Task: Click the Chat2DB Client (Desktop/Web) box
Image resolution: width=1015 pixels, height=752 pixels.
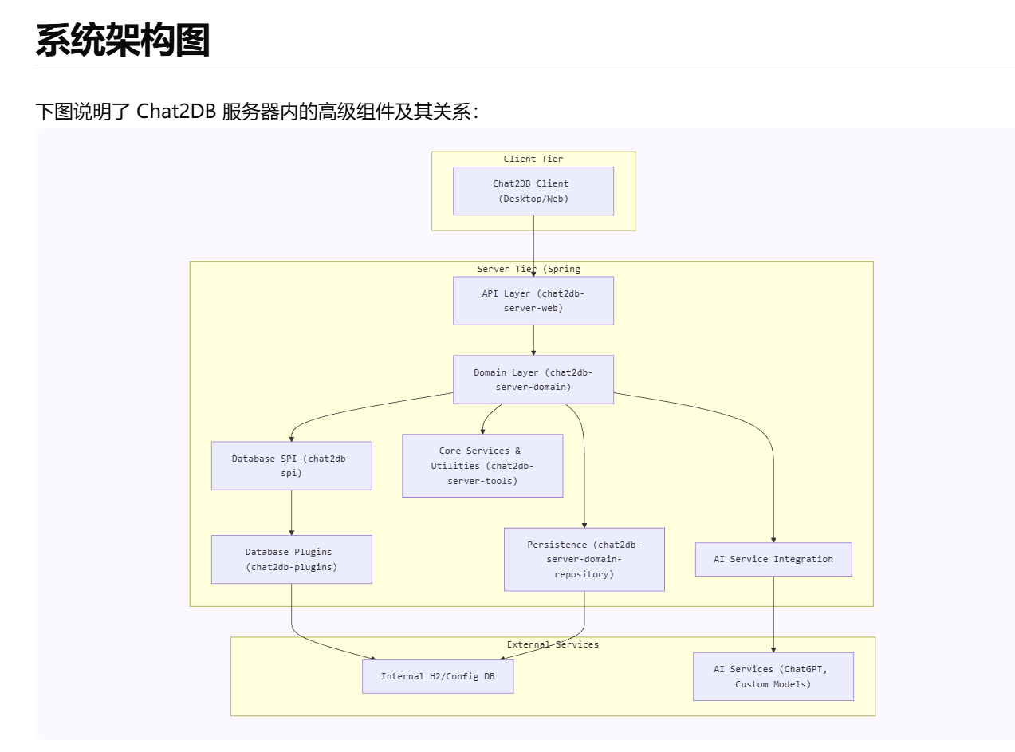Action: (533, 191)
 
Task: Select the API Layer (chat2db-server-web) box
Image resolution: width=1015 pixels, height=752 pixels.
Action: (533, 301)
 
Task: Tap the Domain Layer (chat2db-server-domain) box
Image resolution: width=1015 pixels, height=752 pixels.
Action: (533, 380)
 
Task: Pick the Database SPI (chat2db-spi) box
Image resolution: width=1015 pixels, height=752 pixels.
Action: (292, 466)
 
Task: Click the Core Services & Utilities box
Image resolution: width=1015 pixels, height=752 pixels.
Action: (482, 466)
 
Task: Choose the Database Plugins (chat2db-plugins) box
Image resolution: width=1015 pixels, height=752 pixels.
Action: (292, 559)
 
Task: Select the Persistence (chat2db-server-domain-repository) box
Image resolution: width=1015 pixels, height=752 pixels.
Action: (584, 559)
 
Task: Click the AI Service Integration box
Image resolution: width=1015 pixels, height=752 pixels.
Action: (773, 559)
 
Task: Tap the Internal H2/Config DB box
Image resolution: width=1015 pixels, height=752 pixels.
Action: (438, 676)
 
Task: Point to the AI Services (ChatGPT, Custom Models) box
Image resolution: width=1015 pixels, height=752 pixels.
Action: (773, 676)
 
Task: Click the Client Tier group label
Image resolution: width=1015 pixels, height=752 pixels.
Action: (533, 159)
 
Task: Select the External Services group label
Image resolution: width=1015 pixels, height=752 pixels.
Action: (553, 644)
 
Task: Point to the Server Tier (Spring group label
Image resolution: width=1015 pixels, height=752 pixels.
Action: (529, 269)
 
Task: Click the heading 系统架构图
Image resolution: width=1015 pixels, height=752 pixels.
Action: (123, 40)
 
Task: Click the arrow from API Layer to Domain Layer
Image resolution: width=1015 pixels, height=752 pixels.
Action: (533, 340)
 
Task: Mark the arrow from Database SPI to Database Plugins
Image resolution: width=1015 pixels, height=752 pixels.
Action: (292, 512)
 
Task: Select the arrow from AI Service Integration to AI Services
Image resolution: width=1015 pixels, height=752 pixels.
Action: (773, 614)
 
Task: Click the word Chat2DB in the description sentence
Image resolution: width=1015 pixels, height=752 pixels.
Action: (175, 112)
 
